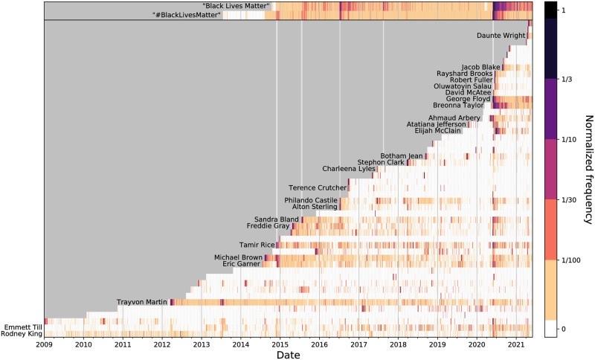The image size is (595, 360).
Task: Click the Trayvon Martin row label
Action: [142, 302]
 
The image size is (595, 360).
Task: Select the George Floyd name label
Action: [468, 99]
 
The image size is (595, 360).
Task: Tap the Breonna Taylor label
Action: [464, 106]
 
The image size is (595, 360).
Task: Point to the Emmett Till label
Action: [22, 327]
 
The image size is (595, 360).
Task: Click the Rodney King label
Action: [22, 333]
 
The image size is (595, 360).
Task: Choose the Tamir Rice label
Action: [257, 245]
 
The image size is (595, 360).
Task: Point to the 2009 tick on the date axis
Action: [44, 344]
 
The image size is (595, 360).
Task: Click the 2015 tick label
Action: [280, 344]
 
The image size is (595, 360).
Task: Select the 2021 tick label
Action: [515, 344]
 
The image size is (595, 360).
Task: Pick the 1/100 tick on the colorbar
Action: [570, 260]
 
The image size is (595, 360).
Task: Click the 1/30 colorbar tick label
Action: [567, 199]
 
